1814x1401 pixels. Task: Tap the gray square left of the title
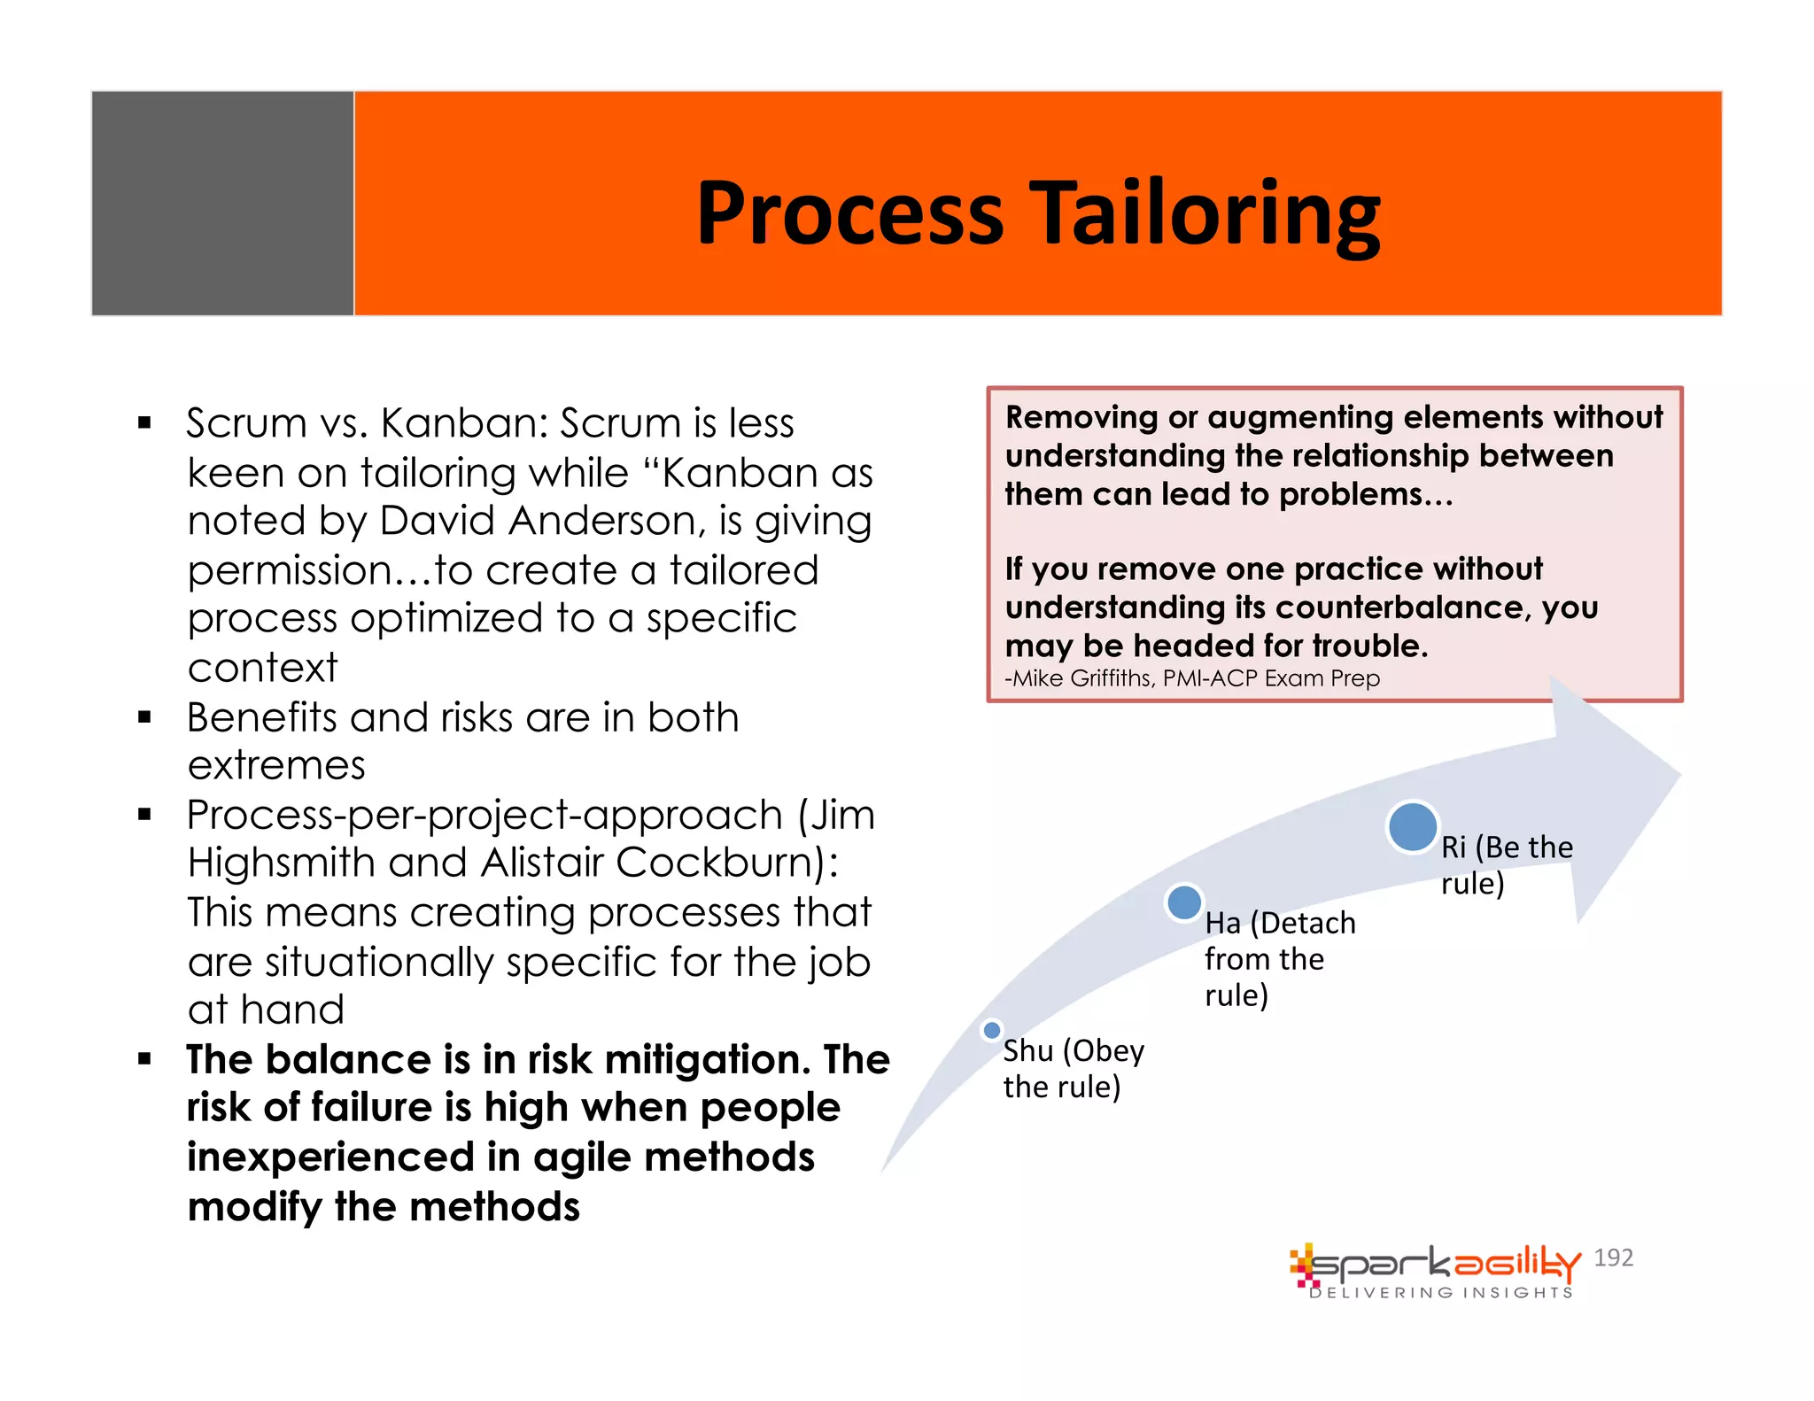[x=222, y=203]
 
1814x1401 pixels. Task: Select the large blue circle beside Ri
[x=1412, y=826]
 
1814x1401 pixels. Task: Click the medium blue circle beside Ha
[x=1184, y=902]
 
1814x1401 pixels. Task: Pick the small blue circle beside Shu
[x=992, y=1030]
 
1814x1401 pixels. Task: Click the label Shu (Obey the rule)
[x=1073, y=1068]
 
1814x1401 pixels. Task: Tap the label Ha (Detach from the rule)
[x=1278, y=958]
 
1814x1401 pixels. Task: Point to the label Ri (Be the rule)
[x=1505, y=864]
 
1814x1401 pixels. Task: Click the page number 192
[x=1613, y=1258]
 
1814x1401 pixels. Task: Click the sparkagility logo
[x=1435, y=1265]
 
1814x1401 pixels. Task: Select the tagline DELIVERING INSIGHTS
[x=1440, y=1293]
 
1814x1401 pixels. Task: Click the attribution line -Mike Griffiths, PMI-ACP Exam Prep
[x=1192, y=678]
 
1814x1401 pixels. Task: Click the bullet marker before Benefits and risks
[x=145, y=716]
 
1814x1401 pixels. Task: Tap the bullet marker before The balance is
[x=145, y=1058]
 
